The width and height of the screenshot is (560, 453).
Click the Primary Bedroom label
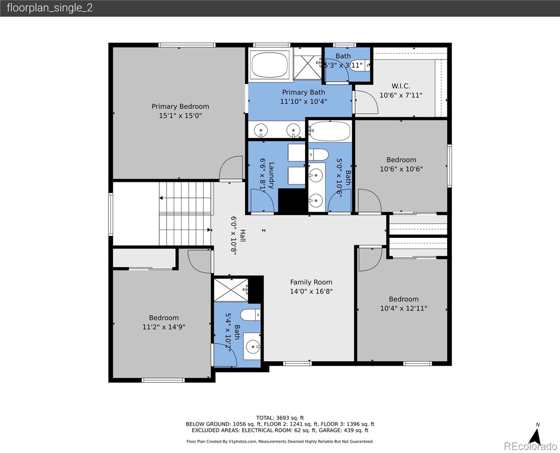180,106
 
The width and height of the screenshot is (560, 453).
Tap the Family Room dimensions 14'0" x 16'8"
311,291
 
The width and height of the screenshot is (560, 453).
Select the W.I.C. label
401,86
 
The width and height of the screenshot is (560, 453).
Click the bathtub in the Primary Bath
269,65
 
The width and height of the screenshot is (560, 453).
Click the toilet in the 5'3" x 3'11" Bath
357,65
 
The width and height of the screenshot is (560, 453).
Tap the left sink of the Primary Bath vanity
261,131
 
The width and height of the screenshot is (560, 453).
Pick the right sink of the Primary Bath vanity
293,131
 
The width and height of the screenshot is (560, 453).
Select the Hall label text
243,236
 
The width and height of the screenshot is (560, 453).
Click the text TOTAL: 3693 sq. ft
280,418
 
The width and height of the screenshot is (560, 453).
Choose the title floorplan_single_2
50,8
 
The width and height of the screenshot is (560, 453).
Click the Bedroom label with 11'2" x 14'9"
164,318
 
